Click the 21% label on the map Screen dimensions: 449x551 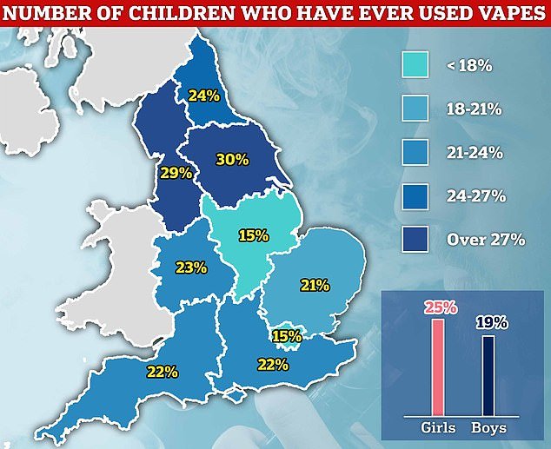coord(314,285)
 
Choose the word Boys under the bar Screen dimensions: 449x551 coord(488,427)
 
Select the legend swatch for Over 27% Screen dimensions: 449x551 coord(413,238)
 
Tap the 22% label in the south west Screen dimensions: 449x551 coord(163,371)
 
